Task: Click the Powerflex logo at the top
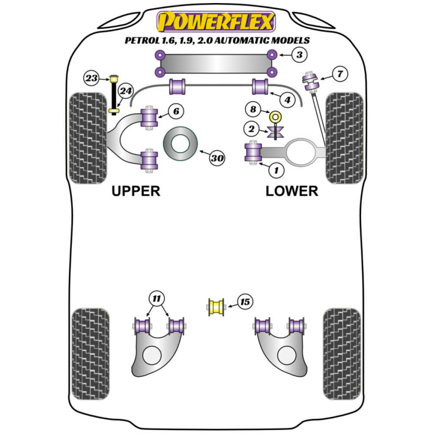point(216,22)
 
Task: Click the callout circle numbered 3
point(299,55)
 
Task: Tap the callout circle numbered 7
point(340,74)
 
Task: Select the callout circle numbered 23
point(91,78)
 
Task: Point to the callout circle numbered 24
point(126,91)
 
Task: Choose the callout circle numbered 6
point(175,111)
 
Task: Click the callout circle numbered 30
point(217,158)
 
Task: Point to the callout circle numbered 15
point(245,302)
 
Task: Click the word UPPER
point(136,191)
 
